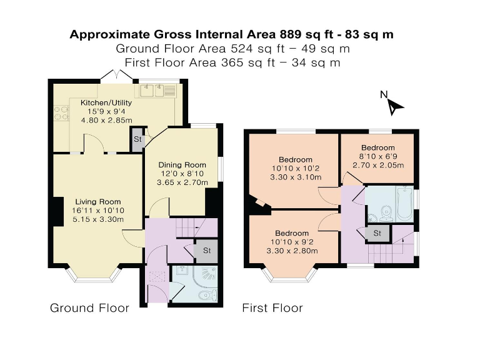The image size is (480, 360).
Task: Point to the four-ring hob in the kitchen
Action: tap(61, 113)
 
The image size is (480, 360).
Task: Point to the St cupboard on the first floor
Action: tap(377, 234)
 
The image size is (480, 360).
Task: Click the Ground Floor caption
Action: tap(89, 308)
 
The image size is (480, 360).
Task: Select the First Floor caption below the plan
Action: tap(272, 308)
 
